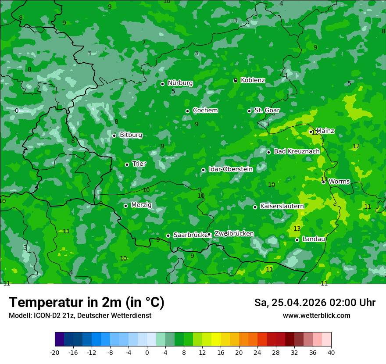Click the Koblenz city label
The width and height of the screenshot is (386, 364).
(x=253, y=80)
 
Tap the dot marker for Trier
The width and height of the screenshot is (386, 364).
(x=127, y=164)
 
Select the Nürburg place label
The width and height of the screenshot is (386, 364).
(x=180, y=83)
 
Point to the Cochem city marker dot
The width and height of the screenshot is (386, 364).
(x=187, y=111)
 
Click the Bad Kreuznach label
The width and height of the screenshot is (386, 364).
(x=297, y=151)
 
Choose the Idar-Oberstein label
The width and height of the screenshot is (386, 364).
(x=230, y=169)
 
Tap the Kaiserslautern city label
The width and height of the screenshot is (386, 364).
(x=282, y=206)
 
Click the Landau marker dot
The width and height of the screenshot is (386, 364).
(x=297, y=240)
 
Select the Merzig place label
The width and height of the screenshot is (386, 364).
(x=141, y=205)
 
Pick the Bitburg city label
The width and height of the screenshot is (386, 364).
(x=131, y=135)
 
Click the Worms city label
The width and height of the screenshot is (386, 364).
(x=339, y=182)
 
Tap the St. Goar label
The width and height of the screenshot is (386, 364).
(x=267, y=110)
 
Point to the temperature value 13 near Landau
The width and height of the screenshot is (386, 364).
(x=297, y=229)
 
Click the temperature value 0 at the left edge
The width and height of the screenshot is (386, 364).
(x=17, y=111)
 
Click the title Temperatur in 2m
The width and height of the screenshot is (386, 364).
(x=86, y=303)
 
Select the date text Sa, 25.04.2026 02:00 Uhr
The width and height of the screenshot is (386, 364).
(x=315, y=303)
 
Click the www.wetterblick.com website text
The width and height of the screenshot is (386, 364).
(x=316, y=316)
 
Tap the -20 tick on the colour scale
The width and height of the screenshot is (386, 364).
(x=55, y=353)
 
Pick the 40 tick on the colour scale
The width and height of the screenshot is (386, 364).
(x=331, y=353)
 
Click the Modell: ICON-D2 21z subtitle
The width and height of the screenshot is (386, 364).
(x=80, y=316)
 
